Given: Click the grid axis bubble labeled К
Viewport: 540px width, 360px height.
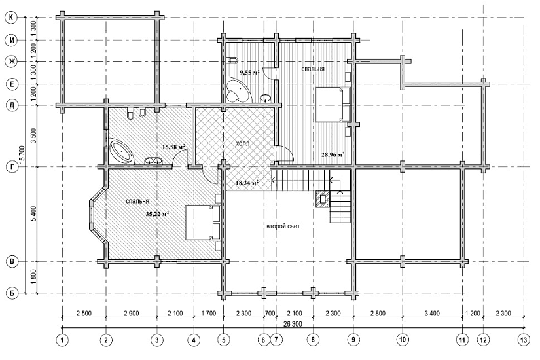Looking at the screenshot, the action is pos(12,18).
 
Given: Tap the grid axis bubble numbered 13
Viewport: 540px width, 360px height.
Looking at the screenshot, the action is pos(524,340).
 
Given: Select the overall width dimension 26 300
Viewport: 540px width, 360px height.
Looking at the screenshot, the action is pos(293,324).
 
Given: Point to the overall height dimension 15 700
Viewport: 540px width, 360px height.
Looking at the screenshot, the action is pos(22,155).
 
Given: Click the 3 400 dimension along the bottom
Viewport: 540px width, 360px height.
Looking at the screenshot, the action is pos(432,313).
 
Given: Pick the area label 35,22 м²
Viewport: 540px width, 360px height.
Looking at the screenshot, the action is pos(157,214).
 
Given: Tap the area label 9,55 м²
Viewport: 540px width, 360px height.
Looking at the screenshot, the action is pos(249,73).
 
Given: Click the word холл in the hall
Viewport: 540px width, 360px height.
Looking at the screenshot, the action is pos(243,143).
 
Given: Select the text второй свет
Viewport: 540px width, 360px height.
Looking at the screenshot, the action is pos(283,226).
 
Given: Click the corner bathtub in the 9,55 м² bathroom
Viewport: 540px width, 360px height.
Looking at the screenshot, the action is pos(238,90).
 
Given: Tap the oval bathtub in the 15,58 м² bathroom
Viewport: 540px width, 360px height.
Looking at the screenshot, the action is pos(121,151).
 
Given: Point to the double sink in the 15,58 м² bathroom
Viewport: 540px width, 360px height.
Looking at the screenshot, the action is pos(154,160).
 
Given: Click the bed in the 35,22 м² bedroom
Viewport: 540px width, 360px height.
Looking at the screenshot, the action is pos(202,222).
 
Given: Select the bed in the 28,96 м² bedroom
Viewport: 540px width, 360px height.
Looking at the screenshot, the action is pos(333,104).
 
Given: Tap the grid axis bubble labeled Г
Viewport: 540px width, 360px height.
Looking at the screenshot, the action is pos(12,167).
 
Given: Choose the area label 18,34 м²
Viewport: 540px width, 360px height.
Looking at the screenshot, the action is pos(247,183).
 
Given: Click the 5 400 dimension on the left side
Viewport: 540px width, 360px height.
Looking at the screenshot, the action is pos(33,214).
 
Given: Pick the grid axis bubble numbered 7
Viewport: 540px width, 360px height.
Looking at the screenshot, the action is pos(276,340).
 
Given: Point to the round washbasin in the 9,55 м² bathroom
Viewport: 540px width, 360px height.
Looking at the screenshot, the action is pos(265,98).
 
